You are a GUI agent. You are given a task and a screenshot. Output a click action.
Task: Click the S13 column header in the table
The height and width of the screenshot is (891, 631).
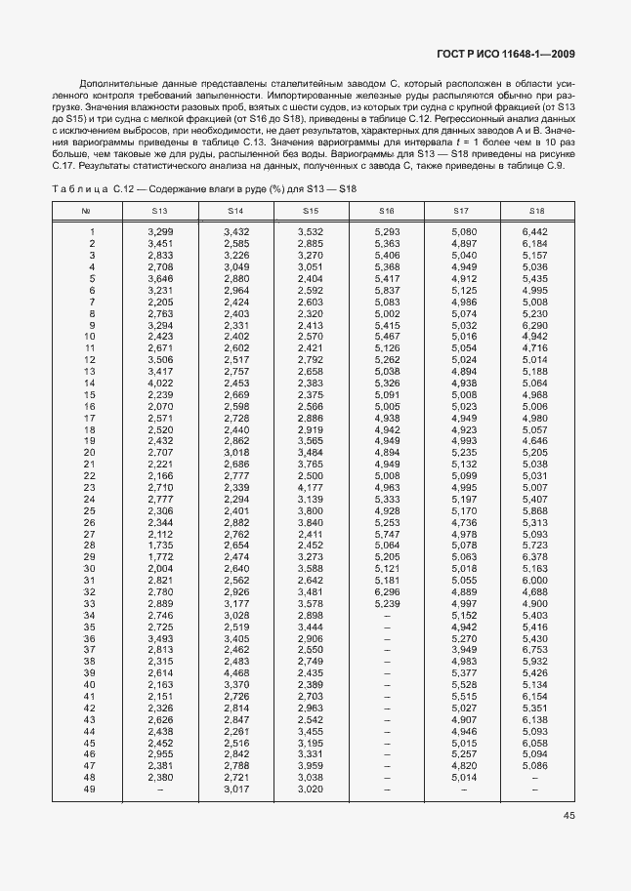tap(159, 211)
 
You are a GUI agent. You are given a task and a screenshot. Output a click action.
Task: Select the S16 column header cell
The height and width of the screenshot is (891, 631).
tap(387, 211)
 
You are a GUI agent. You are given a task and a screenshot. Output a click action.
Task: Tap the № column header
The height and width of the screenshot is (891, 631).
tap(86, 211)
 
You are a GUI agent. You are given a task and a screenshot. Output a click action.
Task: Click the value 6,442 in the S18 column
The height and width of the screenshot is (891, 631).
tap(535, 231)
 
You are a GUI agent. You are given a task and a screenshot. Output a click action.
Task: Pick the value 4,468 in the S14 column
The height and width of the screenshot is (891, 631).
tap(236, 673)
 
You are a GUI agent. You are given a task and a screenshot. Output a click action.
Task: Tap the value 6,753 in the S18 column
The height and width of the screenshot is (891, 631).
tap(535, 650)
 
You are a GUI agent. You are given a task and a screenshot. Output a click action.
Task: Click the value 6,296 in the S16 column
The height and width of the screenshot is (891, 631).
tap(387, 591)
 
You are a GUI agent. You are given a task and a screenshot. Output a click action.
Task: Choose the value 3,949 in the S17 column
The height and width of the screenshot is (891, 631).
tap(463, 650)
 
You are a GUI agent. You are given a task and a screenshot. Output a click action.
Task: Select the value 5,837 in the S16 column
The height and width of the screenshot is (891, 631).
tap(387, 290)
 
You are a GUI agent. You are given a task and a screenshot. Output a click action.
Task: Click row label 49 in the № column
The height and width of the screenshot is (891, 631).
tap(89, 790)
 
